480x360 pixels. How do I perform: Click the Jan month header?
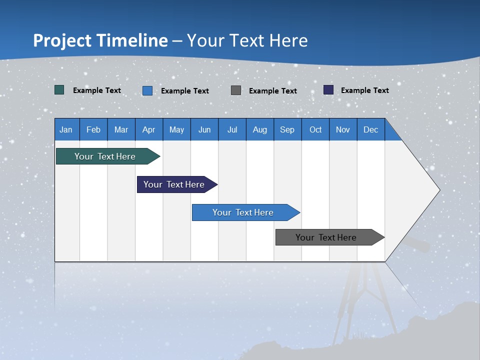pyautogui.click(x=66, y=129)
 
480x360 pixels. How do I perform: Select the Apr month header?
pyautogui.click(x=149, y=129)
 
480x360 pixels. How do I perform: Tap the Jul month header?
pyautogui.click(x=232, y=129)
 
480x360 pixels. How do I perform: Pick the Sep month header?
pyautogui.click(x=287, y=129)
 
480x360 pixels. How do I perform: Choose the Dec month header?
pyautogui.click(x=370, y=129)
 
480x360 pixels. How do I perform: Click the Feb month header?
pyautogui.click(x=93, y=129)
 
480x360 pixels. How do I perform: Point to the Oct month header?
pyautogui.click(x=315, y=129)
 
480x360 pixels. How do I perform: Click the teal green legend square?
pyautogui.click(x=59, y=90)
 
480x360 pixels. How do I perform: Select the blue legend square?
pyautogui.click(x=147, y=90)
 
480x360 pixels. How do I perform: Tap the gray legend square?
pyautogui.click(x=236, y=90)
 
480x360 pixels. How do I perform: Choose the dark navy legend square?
pyautogui.click(x=328, y=90)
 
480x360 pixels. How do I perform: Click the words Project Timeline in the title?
pyautogui.click(x=100, y=40)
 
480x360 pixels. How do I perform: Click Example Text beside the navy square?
pyautogui.click(x=364, y=90)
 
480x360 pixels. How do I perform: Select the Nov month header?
pyautogui.click(x=343, y=129)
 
